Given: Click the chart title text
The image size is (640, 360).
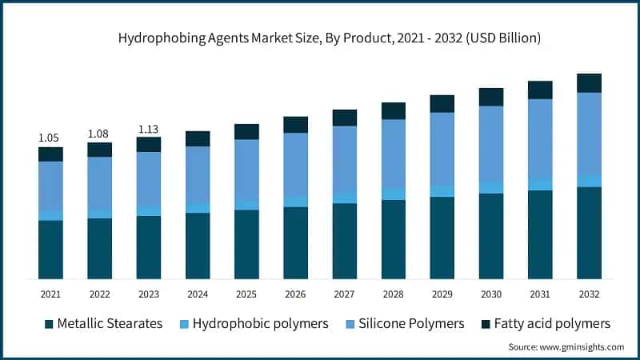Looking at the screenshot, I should tap(319, 38).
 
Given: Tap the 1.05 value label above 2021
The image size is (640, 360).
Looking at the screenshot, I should tap(50, 138).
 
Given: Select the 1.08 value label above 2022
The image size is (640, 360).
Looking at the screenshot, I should tap(99, 133).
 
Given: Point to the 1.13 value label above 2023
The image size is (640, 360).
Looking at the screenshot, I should tap(148, 128).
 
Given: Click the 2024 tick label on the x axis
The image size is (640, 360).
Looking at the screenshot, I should tap(197, 294).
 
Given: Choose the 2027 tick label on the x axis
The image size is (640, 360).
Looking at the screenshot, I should tap(344, 294).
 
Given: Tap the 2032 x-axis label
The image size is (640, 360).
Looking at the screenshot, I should tap(589, 294).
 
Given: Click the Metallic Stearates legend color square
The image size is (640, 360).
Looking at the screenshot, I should tap(50, 324).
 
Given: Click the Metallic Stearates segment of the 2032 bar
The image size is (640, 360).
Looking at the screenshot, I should tap(589, 233).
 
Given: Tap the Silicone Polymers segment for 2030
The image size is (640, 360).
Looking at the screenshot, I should tap(491, 144).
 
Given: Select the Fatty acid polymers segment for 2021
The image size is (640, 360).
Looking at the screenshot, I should tap(50, 154).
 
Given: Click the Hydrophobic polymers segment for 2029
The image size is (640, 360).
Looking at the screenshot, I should tap(442, 191).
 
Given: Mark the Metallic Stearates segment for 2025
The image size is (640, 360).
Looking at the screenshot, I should tap(246, 244).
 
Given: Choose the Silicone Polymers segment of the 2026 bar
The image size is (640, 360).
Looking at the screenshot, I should tap(295, 164).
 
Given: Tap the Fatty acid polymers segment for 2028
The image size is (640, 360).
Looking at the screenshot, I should tap(393, 110).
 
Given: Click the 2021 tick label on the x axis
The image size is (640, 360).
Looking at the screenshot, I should tap(50, 294).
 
